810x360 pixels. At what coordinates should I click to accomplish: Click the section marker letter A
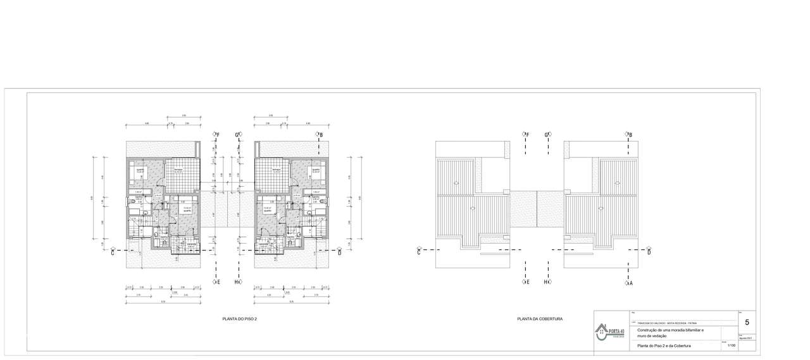coord(631,283)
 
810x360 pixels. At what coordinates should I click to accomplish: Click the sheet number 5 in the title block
coord(747,323)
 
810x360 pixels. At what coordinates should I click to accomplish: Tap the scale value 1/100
coord(732,345)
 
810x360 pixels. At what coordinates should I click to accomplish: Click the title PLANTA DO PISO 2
coord(240,319)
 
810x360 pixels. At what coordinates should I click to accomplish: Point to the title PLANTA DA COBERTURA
coord(540,319)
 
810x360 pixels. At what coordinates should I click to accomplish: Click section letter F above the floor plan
coord(218,135)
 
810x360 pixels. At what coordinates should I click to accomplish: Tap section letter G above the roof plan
coord(546,135)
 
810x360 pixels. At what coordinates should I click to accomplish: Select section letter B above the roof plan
coord(630,135)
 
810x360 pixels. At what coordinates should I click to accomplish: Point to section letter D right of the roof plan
coord(649,252)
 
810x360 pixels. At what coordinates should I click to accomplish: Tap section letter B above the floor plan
coord(321,135)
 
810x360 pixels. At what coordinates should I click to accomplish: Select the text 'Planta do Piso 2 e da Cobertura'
coord(663,346)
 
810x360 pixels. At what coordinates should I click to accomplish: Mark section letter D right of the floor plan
coord(340,252)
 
